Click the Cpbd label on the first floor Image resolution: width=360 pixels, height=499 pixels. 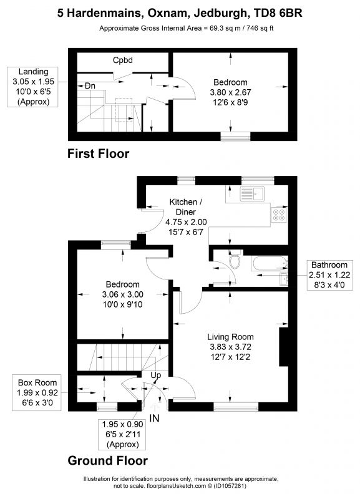[124, 61]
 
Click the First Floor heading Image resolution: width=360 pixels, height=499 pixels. [98, 153]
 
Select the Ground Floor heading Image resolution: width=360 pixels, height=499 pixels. [107, 461]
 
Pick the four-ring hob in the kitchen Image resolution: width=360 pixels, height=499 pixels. [278, 215]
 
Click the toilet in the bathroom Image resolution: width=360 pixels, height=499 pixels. [234, 263]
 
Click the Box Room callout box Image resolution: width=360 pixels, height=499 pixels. [36, 391]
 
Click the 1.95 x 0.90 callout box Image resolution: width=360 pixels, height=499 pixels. [121, 434]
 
